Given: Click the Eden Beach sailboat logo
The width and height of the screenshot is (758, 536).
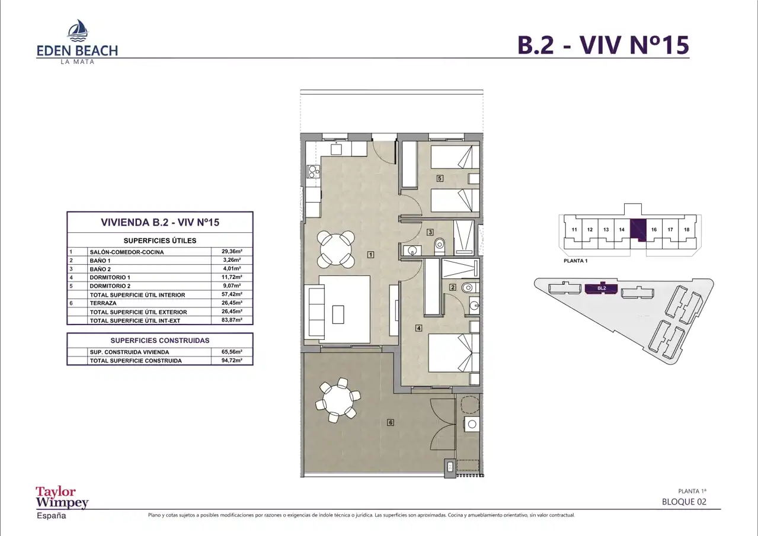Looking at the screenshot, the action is click(x=78, y=30).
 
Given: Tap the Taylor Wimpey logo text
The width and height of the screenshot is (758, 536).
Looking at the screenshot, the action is click(x=62, y=497).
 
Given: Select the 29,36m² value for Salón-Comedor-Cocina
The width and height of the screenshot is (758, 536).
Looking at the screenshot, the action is click(x=232, y=251).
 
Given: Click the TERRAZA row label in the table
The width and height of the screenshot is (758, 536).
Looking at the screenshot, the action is click(x=103, y=303).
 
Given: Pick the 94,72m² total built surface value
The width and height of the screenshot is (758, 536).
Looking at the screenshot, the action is click(x=232, y=360).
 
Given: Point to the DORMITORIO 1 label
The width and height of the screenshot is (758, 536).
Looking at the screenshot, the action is click(x=110, y=277).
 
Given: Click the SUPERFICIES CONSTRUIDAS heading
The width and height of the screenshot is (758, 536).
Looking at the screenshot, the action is click(x=160, y=341).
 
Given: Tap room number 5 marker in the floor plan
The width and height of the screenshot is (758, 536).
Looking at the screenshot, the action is click(x=440, y=178).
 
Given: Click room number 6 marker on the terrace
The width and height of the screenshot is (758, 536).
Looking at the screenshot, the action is click(x=391, y=422).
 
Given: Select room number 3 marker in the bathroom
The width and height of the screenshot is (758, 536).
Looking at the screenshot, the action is click(x=430, y=232).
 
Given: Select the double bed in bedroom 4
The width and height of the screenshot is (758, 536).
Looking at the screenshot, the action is click(x=454, y=353).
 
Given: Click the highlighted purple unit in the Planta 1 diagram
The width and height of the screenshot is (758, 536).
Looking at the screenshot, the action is click(x=638, y=230).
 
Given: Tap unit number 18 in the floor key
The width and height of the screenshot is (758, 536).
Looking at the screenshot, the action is click(x=687, y=230).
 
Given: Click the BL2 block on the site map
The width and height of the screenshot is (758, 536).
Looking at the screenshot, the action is click(x=602, y=288).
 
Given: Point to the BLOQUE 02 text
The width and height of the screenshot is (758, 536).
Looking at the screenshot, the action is click(x=685, y=502).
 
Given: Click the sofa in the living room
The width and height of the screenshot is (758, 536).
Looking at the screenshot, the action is click(x=314, y=311).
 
